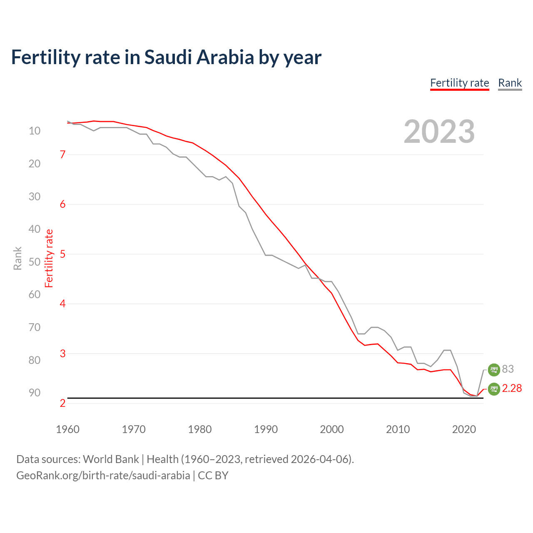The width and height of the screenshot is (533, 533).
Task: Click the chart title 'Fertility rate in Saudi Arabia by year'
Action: (x=166, y=57)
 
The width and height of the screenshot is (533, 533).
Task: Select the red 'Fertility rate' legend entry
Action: (x=459, y=83)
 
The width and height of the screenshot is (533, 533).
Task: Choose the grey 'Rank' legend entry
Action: (x=510, y=83)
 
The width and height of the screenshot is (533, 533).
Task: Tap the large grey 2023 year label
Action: (x=439, y=132)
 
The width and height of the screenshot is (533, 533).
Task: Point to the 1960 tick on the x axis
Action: (x=67, y=429)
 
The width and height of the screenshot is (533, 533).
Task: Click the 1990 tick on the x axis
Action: (x=266, y=429)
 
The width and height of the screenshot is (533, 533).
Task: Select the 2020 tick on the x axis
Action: (x=464, y=429)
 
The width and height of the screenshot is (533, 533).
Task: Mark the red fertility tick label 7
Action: (x=63, y=154)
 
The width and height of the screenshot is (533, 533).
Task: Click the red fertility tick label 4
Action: (x=63, y=304)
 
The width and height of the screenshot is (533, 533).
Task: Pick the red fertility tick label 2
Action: (x=63, y=403)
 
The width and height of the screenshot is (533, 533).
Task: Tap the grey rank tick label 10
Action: (x=35, y=131)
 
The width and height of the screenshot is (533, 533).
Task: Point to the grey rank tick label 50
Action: (x=35, y=262)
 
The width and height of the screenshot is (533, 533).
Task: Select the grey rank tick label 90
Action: (x=35, y=393)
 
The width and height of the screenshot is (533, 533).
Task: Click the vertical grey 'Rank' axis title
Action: (x=17, y=258)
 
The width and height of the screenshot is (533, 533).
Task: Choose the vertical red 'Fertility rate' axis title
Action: (x=49, y=258)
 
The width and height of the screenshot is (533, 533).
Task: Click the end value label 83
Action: (x=508, y=369)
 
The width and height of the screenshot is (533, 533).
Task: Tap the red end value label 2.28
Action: (x=512, y=388)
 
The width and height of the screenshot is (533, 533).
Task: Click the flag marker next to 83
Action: (x=493, y=369)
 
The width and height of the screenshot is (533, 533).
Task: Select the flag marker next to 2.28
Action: (x=493, y=389)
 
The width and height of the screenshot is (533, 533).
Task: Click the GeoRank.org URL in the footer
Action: (x=103, y=476)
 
